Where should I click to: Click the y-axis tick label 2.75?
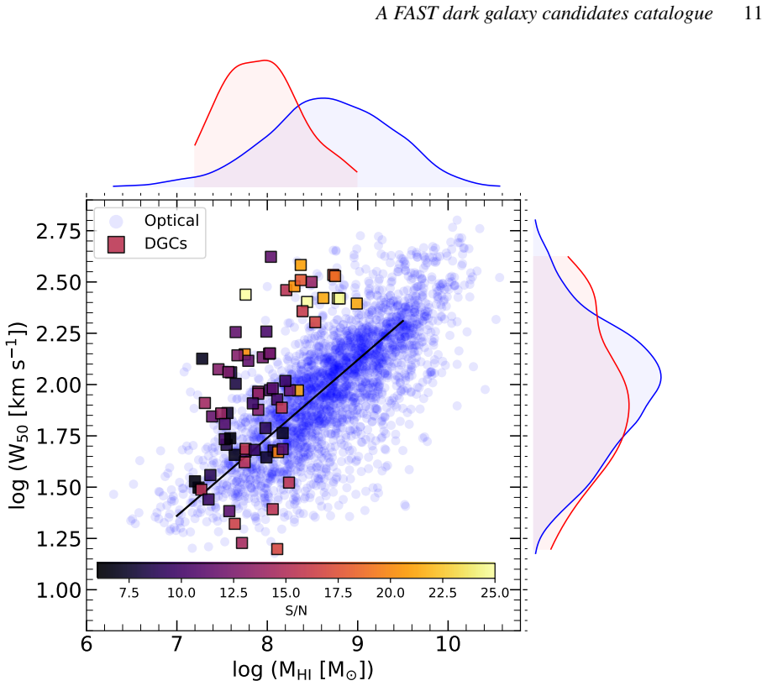click(x=58, y=231)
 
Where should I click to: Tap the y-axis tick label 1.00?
click(x=58, y=590)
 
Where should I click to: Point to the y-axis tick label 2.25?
click(x=58, y=334)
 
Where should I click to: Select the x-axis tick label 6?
click(x=87, y=645)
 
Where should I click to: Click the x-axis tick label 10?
click(x=448, y=645)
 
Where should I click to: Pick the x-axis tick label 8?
click(x=267, y=645)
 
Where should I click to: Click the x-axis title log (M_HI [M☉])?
click(x=302, y=669)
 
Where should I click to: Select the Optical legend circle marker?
click(x=116, y=222)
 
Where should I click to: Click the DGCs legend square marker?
click(x=116, y=244)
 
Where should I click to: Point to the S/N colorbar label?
click(x=296, y=610)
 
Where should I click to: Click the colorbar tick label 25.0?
click(x=495, y=593)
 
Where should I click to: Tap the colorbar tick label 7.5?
click(x=129, y=593)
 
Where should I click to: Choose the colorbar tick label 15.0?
click(x=286, y=593)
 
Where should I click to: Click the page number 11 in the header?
click(x=753, y=13)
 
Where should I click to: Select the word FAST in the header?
click(x=415, y=13)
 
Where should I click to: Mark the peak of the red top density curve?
click(x=265, y=60)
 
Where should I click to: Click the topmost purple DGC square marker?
click(x=271, y=257)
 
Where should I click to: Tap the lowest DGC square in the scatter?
click(x=277, y=549)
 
